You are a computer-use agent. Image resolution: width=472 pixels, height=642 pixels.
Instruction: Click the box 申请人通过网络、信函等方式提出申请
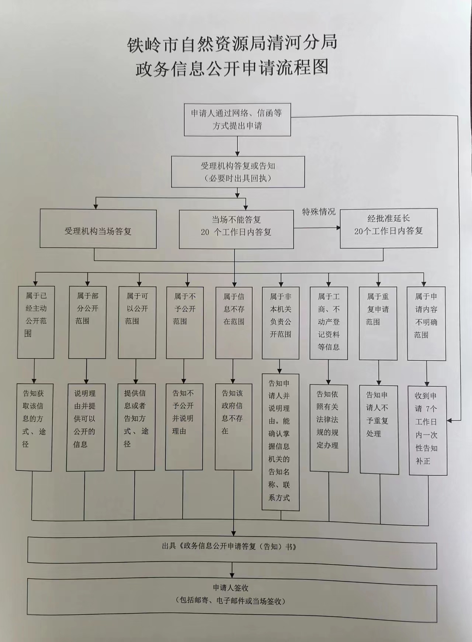(x=237, y=120)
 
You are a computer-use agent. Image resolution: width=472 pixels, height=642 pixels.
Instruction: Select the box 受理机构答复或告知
(x=238, y=172)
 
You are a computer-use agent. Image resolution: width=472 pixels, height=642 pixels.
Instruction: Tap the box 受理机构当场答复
(x=98, y=229)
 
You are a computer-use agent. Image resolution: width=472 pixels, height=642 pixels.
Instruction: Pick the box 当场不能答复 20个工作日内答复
(x=236, y=229)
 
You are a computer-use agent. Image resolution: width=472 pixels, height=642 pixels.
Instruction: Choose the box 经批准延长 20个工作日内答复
(x=389, y=228)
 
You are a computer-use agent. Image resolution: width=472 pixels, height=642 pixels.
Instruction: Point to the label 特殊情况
(x=319, y=212)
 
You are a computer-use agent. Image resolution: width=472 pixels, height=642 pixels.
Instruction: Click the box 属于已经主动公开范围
(x=36, y=322)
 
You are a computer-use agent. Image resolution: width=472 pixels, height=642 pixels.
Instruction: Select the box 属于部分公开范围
(x=87, y=322)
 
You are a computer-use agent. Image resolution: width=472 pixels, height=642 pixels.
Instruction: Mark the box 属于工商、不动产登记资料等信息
(x=329, y=323)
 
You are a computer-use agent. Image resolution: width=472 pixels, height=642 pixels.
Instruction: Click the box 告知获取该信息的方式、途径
(x=34, y=427)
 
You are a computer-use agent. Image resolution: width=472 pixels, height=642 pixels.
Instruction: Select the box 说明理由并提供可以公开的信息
(x=86, y=427)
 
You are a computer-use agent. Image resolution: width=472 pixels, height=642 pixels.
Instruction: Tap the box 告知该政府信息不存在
(x=233, y=427)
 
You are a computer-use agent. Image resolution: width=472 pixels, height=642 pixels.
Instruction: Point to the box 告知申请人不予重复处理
(x=379, y=430)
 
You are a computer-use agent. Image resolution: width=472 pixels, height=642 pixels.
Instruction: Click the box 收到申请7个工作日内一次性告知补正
(x=427, y=431)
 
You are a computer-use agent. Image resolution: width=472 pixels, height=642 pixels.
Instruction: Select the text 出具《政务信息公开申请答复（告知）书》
(x=229, y=546)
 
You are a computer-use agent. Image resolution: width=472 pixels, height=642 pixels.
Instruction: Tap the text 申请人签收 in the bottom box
(x=231, y=588)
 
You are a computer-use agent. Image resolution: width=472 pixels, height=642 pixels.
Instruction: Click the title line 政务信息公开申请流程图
(x=232, y=68)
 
